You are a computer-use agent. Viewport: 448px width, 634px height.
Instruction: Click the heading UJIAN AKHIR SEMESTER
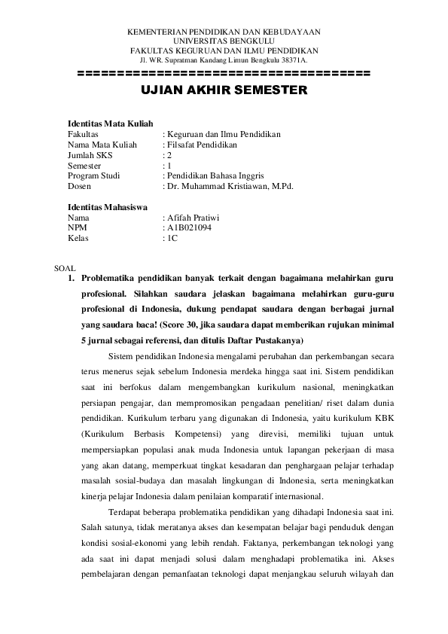(x=224, y=90)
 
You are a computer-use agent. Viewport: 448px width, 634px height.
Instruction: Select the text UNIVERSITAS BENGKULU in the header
(x=224, y=41)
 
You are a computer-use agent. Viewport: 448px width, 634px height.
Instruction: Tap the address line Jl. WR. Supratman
(x=224, y=59)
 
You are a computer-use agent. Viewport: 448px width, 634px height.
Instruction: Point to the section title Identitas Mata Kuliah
(x=110, y=123)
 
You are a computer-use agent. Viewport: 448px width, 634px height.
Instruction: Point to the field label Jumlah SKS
(x=90, y=154)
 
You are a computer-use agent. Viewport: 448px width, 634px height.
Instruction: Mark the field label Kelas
(x=78, y=237)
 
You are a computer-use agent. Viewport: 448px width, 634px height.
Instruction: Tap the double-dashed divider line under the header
(x=224, y=74)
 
